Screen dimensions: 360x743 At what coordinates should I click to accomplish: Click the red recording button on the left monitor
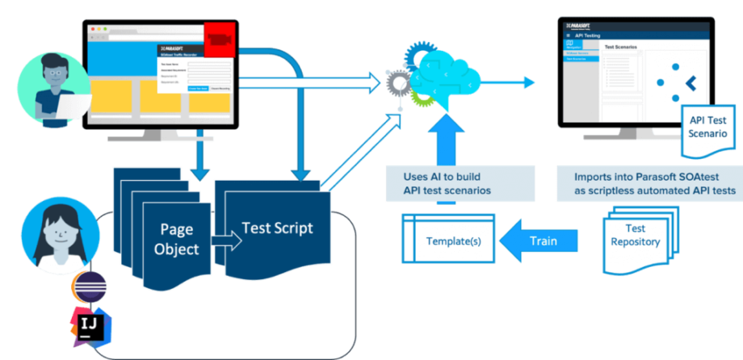click(219, 39)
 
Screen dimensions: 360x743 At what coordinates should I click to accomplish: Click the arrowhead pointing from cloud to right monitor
click(529, 82)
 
